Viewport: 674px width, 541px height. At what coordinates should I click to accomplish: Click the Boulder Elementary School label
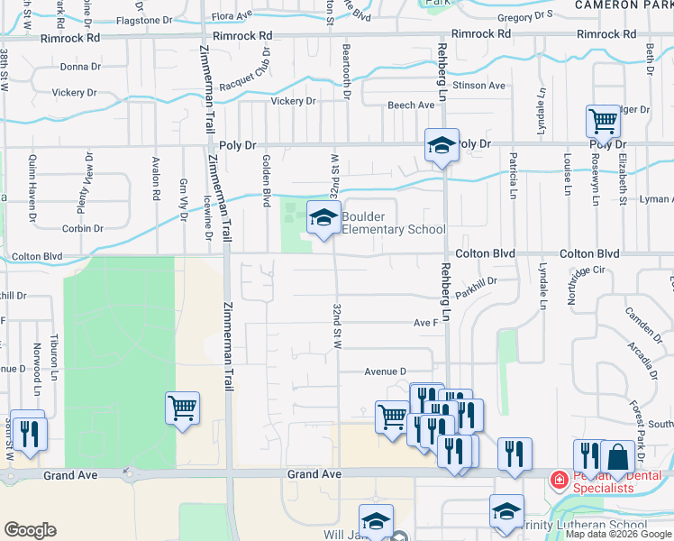pyautogui.click(x=393, y=223)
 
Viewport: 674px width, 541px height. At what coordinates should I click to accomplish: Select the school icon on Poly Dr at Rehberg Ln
pyautogui.click(x=442, y=145)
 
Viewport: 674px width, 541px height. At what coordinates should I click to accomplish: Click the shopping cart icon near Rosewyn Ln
pyautogui.click(x=603, y=120)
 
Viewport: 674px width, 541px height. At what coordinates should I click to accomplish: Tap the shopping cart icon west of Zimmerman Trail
pyautogui.click(x=182, y=408)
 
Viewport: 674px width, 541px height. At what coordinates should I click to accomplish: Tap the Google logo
pyautogui.click(x=30, y=529)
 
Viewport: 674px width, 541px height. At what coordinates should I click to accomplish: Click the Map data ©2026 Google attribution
pyautogui.click(x=617, y=534)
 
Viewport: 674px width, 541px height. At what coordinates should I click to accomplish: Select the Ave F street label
pyautogui.click(x=425, y=322)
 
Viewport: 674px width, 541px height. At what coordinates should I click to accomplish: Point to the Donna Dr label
pyautogui.click(x=80, y=67)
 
